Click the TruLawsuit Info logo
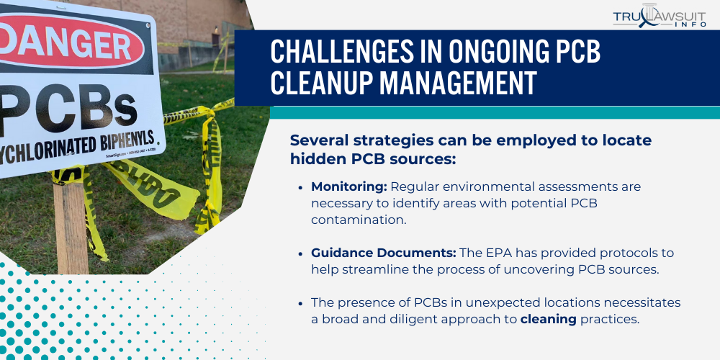pyautogui.click(x=660, y=18)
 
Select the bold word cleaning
pyautogui.click(x=549, y=319)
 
